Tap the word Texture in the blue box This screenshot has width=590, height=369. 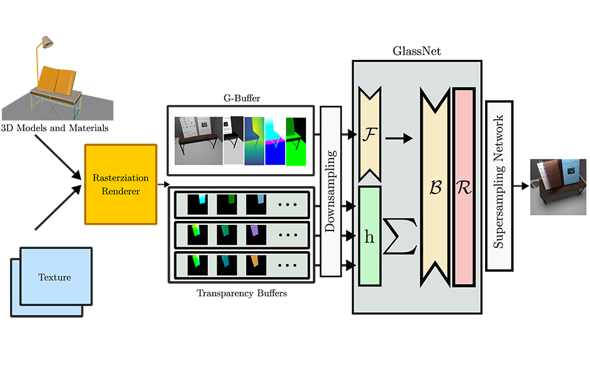pyautogui.click(x=55, y=277)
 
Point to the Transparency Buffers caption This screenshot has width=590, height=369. pyautogui.click(x=242, y=292)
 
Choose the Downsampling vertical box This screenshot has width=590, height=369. pyautogui.click(x=331, y=191)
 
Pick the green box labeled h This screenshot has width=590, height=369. pyautogui.click(x=369, y=237)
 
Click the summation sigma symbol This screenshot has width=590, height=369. pyautogui.click(x=400, y=237)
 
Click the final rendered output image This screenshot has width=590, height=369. pyautogui.click(x=558, y=186)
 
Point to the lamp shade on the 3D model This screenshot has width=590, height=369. pyautogui.click(x=46, y=42)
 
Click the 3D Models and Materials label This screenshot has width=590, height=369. pyautogui.click(x=55, y=129)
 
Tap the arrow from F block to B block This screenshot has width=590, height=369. pyautogui.click(x=400, y=138)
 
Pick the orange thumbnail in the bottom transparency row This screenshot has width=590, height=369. pyautogui.click(x=255, y=265)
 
